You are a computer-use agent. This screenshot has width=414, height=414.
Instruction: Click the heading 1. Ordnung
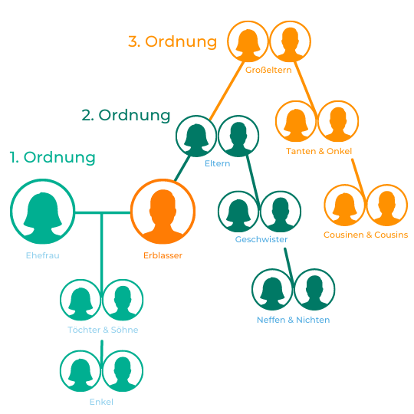coord(52,157)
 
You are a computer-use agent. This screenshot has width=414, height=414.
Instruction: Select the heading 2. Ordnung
coord(126,115)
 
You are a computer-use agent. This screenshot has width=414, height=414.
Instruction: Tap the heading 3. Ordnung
coord(172,41)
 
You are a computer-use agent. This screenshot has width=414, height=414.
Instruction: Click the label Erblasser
coord(163,255)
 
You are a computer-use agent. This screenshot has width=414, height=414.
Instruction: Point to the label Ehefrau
coord(42,255)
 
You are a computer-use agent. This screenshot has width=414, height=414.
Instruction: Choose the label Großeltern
coord(268,70)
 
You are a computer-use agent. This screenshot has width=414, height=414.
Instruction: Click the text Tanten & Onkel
coord(319,151)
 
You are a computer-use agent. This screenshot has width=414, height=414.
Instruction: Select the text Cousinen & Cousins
coord(366,235)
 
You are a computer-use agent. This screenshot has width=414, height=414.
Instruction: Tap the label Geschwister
coord(261,239)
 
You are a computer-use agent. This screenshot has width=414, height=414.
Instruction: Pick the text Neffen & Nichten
coord(294,320)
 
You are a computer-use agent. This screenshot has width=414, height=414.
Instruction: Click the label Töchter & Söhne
coord(103,330)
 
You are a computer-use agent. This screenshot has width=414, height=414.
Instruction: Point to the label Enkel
coord(101,402)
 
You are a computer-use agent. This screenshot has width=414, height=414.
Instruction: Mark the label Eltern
coord(217,163)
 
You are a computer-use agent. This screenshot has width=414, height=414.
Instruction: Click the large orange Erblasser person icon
coord(163,212)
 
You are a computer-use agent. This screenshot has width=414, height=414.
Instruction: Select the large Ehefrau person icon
coord(42,212)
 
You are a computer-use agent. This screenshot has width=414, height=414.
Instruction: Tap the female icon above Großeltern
coord(248,41)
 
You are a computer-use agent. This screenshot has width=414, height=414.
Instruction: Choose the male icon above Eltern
coord(238,136)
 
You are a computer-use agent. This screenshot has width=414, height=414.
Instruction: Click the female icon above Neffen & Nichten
coord(272,289)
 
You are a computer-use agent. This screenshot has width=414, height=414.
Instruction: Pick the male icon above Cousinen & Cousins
coord(387,205)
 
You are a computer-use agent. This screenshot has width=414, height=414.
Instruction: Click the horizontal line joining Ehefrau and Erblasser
coord(103,212)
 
